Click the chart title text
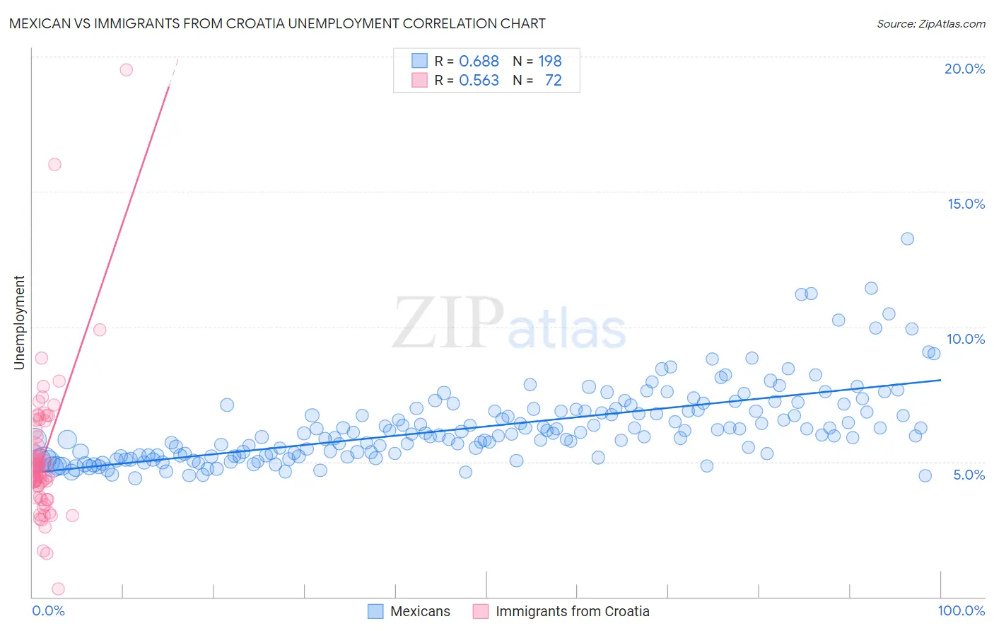coord(277,23)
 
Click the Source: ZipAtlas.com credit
coord(930,24)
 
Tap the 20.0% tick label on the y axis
coord(964,69)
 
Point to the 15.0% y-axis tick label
coord(966,204)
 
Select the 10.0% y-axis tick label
coord(966,339)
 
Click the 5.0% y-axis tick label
coord(969,475)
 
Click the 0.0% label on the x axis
coord(48,610)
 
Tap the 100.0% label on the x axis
coord(961,610)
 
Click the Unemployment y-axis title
coord(19,323)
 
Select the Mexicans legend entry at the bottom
coord(420,611)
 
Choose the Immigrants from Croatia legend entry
coord(572,611)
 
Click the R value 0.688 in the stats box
coord(479,62)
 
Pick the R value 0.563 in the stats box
coord(479,81)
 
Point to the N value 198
coord(549,62)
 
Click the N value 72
coord(553,81)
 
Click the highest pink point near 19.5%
coord(127,69)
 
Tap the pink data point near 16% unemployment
coord(54,164)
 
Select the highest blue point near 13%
coord(907,238)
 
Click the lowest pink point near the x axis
coord(59,589)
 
